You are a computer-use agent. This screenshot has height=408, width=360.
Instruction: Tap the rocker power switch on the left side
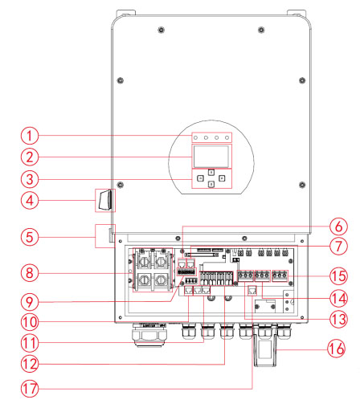(x=103, y=200)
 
